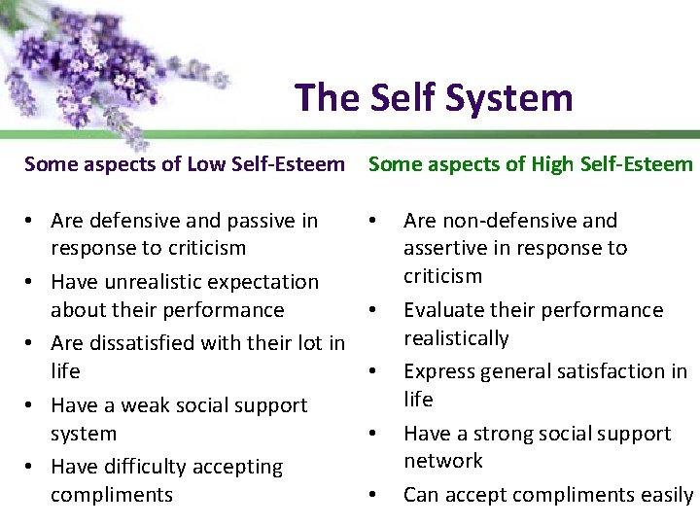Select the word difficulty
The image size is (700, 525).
[x=142, y=468]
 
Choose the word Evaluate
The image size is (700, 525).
[x=445, y=310]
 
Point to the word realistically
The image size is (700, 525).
[x=456, y=338]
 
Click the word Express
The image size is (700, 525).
[x=439, y=371]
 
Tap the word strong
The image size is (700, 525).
[x=498, y=434]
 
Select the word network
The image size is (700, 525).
[x=443, y=461]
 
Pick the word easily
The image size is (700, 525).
[x=667, y=495]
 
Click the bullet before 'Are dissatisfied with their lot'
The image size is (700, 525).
[x=31, y=343]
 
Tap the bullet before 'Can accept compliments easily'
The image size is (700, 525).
[x=373, y=495]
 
